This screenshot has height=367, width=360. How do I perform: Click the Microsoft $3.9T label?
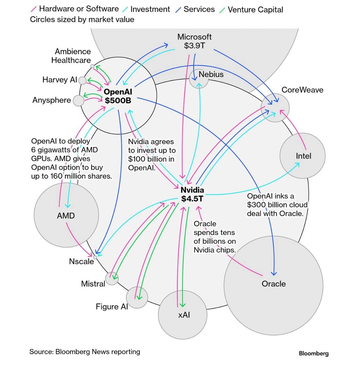[x=194, y=41]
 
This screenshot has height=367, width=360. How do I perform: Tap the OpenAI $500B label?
[x=118, y=96]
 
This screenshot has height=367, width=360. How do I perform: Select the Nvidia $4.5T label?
[x=192, y=194]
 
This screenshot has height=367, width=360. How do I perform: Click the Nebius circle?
[x=199, y=79]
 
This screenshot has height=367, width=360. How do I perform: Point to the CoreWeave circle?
[x=275, y=108]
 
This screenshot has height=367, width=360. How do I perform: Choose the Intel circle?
[x=302, y=156]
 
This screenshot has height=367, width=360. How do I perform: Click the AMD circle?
[x=66, y=215]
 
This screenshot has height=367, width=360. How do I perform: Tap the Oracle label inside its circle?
[x=274, y=284]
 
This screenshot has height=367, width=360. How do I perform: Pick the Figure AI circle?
[x=137, y=298]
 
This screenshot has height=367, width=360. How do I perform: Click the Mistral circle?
[x=112, y=278]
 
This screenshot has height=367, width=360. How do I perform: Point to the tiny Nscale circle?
[x=95, y=257]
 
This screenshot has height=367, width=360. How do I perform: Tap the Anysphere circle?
[x=79, y=101]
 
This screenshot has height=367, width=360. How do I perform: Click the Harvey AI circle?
[x=82, y=80]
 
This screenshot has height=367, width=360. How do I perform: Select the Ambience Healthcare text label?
[x=71, y=56]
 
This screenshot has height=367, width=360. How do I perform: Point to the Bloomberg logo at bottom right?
[x=313, y=353]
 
